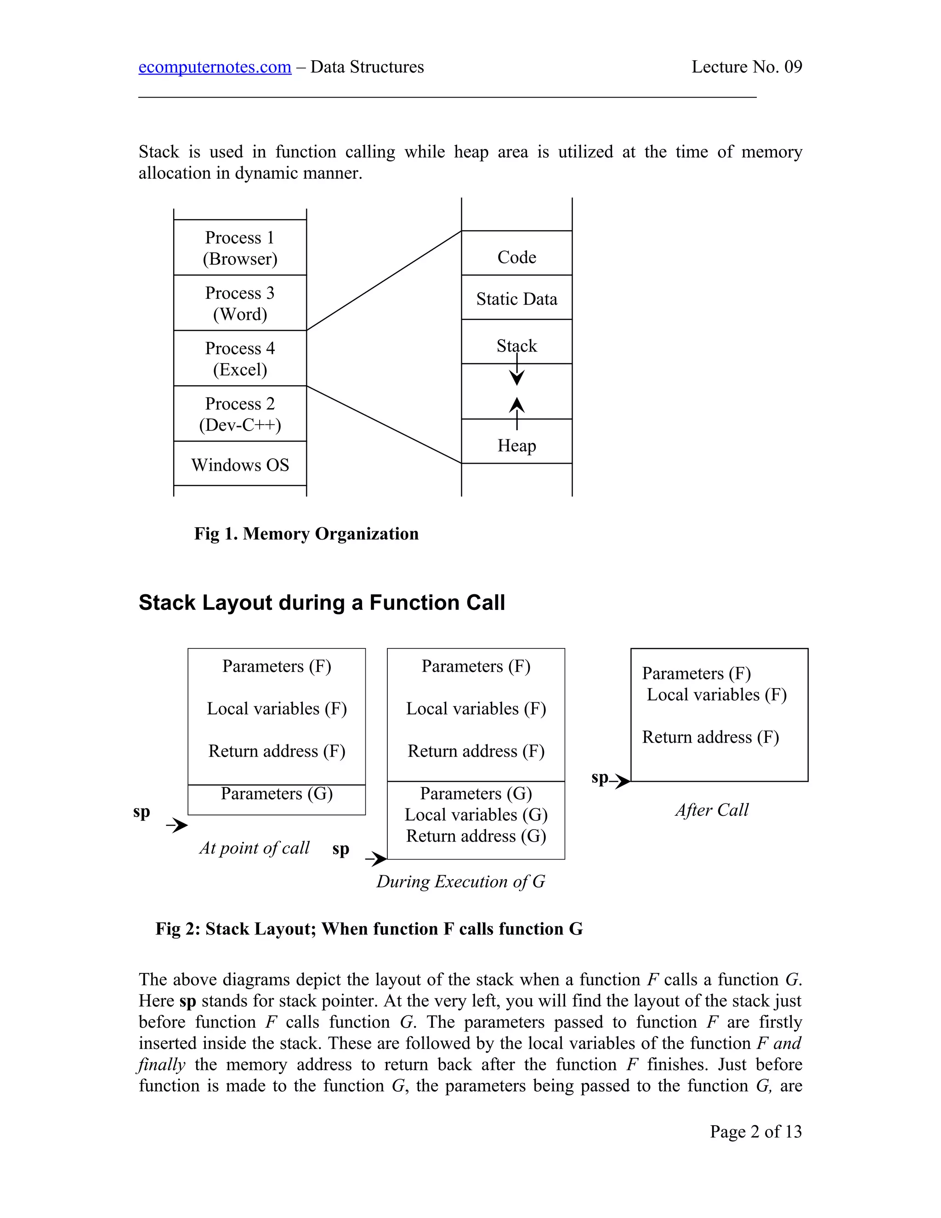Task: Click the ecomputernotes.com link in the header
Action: coord(215,67)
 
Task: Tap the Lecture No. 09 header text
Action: coord(747,67)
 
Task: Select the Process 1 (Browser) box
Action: coord(240,248)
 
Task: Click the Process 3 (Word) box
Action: coord(240,303)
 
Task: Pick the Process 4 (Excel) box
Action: coord(240,358)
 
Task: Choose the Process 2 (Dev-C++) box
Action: coord(240,414)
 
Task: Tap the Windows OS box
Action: coord(240,464)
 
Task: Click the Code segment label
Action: coord(517,257)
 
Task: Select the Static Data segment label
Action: coord(517,299)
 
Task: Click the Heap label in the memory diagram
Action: coord(517,445)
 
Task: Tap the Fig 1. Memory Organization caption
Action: coord(306,533)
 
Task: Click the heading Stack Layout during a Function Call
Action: coord(322,602)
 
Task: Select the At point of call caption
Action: coord(254,848)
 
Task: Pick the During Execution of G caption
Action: coord(460,881)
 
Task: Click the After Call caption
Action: coord(712,810)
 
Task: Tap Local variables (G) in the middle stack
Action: coord(476,815)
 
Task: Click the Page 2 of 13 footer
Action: coord(755,1131)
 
